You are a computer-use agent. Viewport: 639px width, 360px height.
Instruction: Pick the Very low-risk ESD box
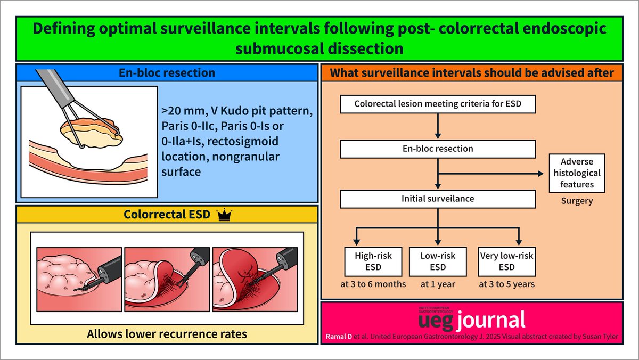point(506,261)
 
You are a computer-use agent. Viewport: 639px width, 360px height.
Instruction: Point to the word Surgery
point(577,202)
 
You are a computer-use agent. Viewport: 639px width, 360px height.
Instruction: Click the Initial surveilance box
point(437,199)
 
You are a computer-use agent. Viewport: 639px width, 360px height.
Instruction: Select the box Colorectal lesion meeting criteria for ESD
point(437,104)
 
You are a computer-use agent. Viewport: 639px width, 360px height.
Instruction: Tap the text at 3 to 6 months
point(373,284)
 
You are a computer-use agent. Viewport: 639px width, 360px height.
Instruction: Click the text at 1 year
point(438,284)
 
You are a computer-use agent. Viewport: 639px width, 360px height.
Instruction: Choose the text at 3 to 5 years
point(506,284)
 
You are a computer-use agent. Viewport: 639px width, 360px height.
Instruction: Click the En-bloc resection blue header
point(168,72)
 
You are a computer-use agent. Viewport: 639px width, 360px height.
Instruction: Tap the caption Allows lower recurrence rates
point(167,334)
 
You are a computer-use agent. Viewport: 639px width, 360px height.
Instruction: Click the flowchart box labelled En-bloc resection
point(437,149)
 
